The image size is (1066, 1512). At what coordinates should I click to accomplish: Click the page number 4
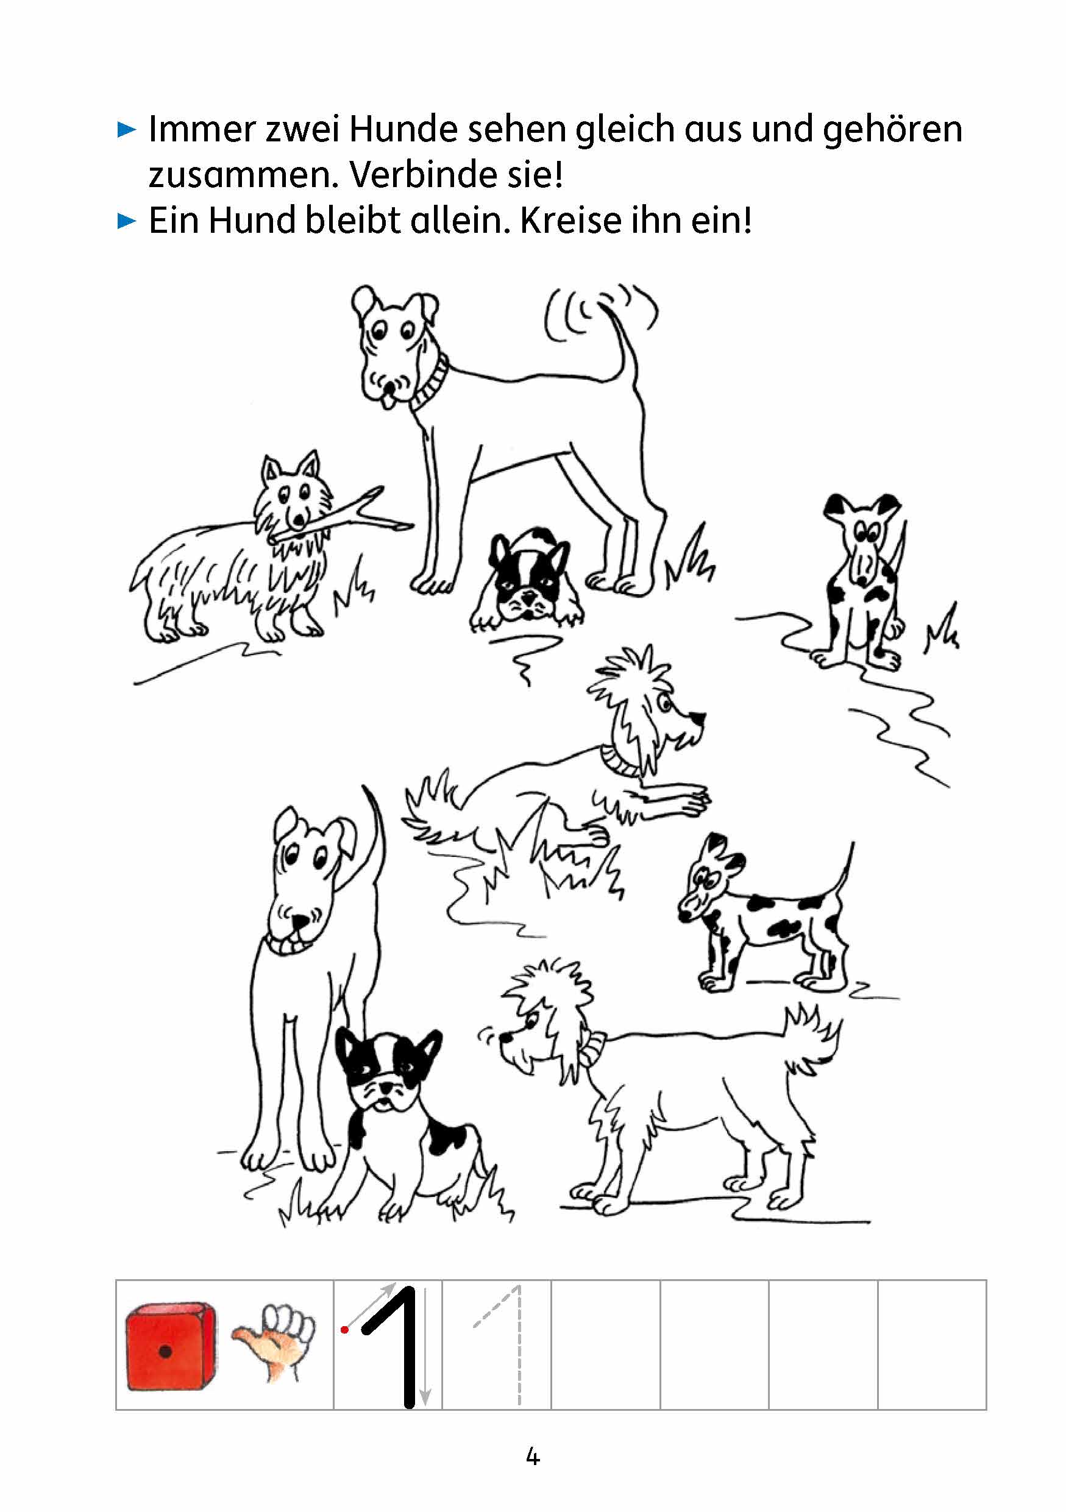coord(533,1457)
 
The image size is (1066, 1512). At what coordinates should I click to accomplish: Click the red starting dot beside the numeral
coord(344,1330)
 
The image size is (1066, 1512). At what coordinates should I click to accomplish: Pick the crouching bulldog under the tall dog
coord(525,577)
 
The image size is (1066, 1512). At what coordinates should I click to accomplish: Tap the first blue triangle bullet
coord(126,129)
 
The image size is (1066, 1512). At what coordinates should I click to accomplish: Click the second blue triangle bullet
coord(126,221)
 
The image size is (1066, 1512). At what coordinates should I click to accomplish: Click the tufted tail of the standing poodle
coord(811,1039)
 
